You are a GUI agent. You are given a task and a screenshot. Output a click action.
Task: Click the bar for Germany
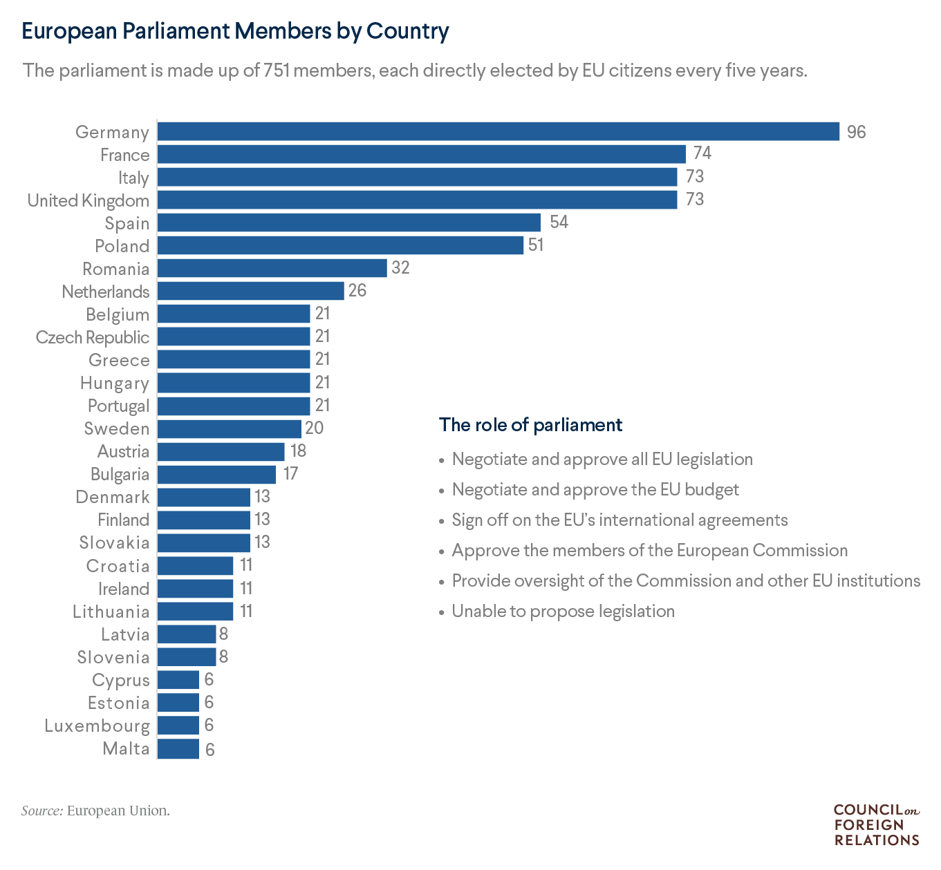tap(498, 131)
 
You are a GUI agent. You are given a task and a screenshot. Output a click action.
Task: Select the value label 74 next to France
tap(702, 153)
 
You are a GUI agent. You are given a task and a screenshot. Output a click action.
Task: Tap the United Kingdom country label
tap(88, 200)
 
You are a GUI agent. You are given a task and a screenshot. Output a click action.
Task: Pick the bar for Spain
tap(349, 223)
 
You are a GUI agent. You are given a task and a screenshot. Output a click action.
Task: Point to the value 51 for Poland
tap(535, 245)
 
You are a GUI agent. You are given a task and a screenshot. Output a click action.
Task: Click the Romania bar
tap(272, 268)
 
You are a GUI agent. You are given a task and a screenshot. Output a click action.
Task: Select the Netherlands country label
tap(105, 292)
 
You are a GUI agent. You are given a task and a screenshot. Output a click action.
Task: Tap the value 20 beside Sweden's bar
tap(314, 428)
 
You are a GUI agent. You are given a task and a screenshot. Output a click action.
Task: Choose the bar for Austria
tap(221, 451)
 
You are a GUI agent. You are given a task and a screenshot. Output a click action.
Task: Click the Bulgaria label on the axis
tap(120, 474)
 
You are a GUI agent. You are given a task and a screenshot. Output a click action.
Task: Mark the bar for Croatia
tap(195, 565)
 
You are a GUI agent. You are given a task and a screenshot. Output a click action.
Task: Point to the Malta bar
tap(178, 748)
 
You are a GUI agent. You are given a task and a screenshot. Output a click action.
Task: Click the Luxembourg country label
tap(97, 726)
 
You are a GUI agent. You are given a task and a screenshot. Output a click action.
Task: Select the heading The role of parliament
tap(530, 424)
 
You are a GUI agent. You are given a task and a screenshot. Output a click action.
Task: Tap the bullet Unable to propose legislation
tap(563, 611)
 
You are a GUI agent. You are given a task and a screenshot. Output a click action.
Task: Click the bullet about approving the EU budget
tap(595, 489)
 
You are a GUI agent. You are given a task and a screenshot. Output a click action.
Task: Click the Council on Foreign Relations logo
tap(876, 824)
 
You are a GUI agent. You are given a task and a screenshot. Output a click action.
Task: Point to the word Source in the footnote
tap(41, 811)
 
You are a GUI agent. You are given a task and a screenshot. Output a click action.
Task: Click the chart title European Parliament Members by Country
tap(236, 31)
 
